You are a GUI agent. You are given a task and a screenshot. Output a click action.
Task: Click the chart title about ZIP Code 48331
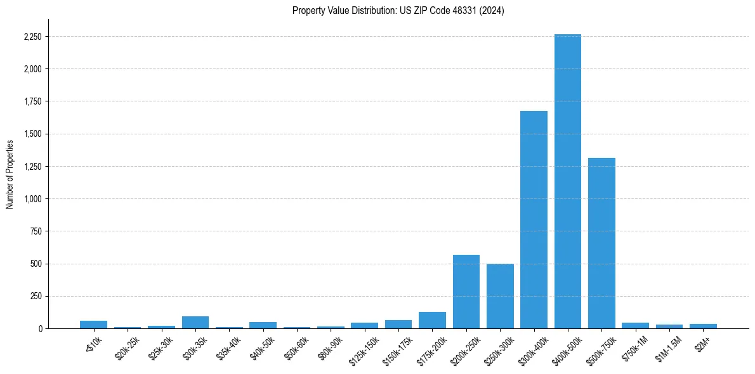398,11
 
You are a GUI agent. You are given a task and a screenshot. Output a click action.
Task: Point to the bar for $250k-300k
500,296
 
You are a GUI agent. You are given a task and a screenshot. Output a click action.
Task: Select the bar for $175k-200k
432,320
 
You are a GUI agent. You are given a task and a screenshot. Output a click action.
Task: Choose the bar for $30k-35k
195,322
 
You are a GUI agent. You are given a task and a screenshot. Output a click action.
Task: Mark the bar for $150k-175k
398,324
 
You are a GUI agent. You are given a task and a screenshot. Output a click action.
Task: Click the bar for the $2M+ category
703,326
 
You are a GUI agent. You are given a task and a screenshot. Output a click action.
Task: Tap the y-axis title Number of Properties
10,174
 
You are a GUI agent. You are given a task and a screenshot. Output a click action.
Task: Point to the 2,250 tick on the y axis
32,37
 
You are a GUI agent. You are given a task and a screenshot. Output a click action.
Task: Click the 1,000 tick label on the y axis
32,199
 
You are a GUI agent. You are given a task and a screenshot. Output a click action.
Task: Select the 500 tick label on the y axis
36,264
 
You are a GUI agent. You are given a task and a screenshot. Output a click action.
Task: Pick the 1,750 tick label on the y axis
32,101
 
